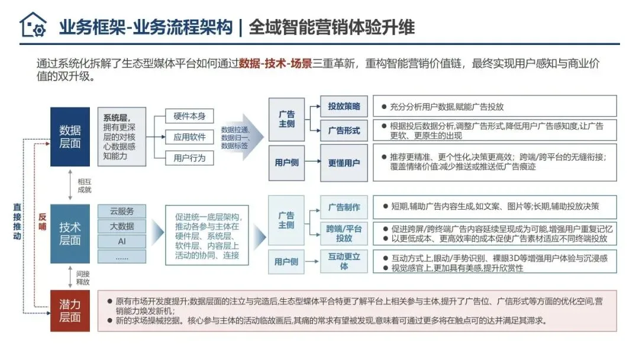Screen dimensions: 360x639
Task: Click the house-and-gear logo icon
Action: click(33, 25)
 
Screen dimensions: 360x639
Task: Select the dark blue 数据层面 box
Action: click(70, 137)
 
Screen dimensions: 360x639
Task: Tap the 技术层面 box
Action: click(70, 233)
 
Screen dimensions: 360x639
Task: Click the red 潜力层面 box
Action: click(70, 310)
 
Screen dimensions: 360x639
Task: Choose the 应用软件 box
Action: click(189, 137)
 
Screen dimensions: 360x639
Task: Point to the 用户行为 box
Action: click(189, 158)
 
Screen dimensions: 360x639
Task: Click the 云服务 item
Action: click(122, 211)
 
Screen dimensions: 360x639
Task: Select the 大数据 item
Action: click(122, 226)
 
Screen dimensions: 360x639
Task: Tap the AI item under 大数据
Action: click(122, 241)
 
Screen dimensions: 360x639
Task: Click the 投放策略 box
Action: click(344, 107)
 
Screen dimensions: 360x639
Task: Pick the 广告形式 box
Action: click(344, 130)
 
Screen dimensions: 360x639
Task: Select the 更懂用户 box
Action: click(344, 162)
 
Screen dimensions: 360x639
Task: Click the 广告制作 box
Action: click(344, 207)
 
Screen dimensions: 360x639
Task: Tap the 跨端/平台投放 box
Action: click(344, 233)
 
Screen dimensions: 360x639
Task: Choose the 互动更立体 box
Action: click(344, 261)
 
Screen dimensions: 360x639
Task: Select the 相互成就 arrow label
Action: click(85, 185)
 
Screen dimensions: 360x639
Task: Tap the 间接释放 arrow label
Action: click(83, 277)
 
